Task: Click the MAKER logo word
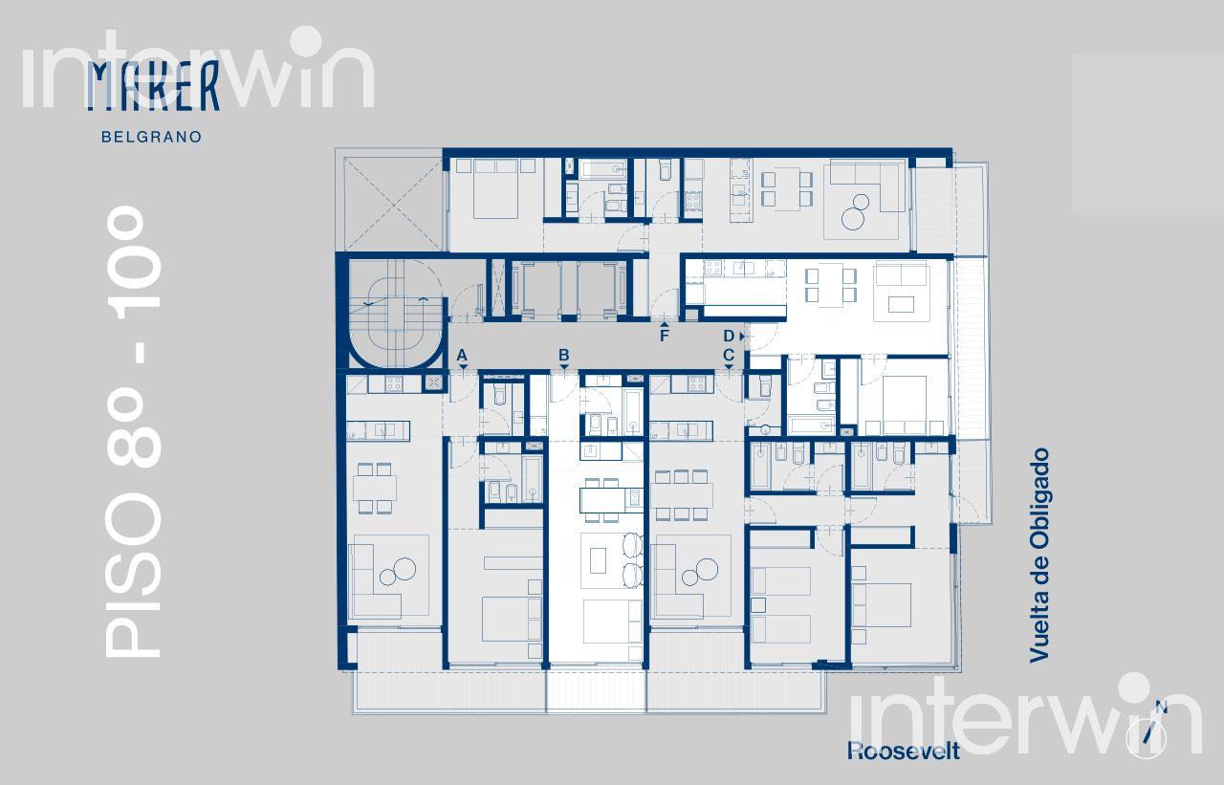click(153, 86)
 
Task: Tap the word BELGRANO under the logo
click(152, 137)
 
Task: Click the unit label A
click(462, 356)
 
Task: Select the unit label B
click(564, 355)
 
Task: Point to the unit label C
click(729, 355)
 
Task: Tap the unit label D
click(729, 336)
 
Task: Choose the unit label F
click(664, 336)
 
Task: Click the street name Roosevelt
click(904, 752)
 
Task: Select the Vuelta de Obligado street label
click(1038, 556)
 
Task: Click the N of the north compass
click(1162, 708)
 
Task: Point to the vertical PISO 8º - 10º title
click(133, 431)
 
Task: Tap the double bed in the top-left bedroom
click(495, 189)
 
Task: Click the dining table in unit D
click(830, 284)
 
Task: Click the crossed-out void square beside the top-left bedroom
click(393, 205)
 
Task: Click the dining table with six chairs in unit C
click(681, 495)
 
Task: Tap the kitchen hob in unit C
click(697, 384)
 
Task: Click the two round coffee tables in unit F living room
click(855, 212)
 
